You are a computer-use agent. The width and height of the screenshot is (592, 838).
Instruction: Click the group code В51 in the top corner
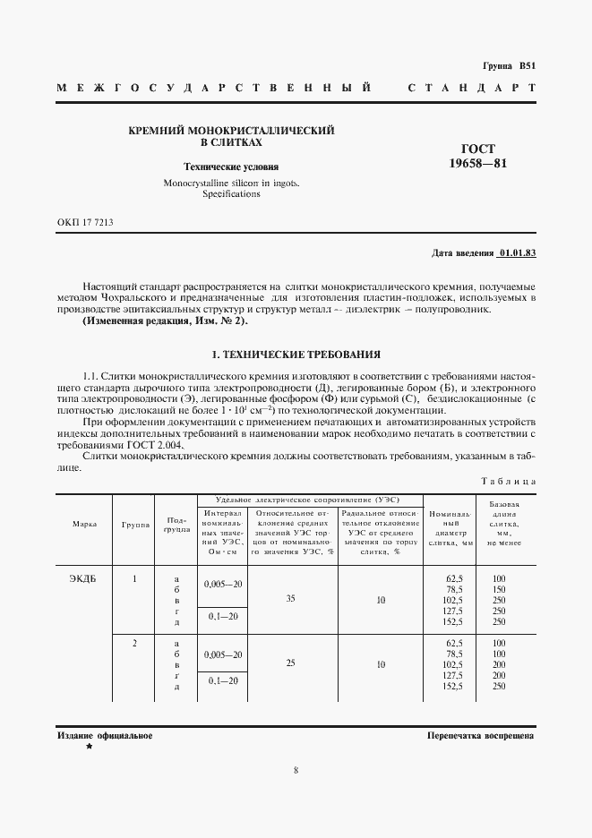click(526, 66)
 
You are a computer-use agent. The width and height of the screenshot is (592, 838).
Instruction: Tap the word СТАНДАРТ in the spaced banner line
click(471, 89)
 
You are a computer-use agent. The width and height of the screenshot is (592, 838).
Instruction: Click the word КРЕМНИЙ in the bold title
click(161, 131)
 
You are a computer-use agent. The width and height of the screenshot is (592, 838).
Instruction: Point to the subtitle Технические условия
click(231, 167)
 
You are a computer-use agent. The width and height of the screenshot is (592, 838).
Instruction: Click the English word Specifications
click(231, 193)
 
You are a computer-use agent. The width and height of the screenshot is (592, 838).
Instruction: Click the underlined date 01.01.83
click(517, 252)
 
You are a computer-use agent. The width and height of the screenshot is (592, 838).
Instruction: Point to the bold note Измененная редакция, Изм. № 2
click(165, 321)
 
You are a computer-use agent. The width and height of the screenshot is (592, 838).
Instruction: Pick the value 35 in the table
click(289, 599)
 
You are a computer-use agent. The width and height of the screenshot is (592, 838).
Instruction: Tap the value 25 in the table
click(289, 664)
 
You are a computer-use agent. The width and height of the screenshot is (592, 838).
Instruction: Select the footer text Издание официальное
click(104, 735)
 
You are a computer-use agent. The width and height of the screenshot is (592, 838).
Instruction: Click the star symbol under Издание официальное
click(89, 747)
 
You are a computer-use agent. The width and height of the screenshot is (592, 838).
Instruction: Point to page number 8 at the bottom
click(296, 770)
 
